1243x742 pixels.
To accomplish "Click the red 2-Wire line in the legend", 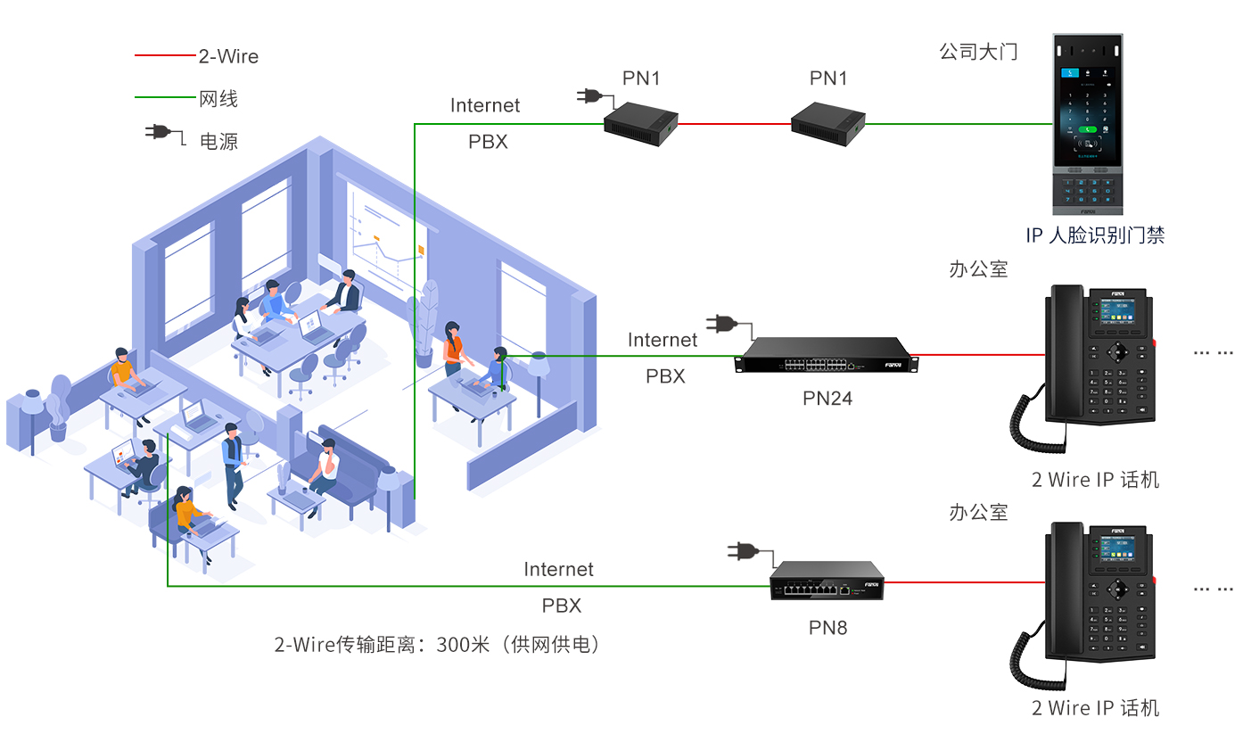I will pos(165,55).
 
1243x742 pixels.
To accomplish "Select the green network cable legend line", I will pos(165,97).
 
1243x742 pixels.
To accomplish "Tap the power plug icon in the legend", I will pos(161,134).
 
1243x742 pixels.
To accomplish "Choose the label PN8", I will pos(827,628).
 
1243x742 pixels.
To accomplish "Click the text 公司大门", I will pos(978,51).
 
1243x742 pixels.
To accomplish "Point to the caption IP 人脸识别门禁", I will pos(1095,235).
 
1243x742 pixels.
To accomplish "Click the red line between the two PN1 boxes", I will pos(735,124).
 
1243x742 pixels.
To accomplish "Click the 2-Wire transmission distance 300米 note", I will pos(437,644).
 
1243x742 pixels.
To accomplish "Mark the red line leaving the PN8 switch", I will pos(963,581).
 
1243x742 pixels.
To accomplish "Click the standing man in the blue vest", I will pos(233,464).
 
